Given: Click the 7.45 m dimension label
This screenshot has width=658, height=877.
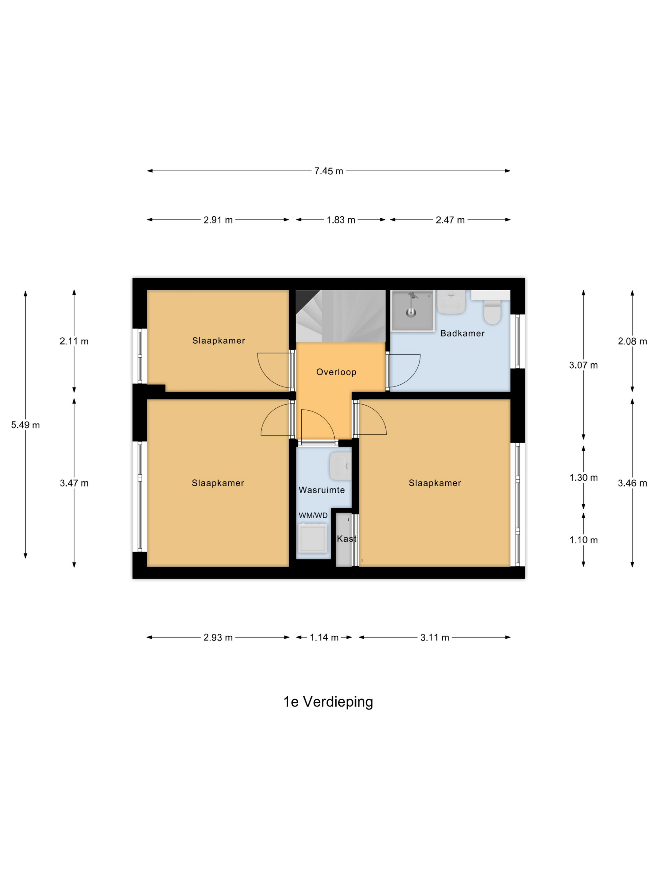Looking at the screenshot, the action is tap(328, 171).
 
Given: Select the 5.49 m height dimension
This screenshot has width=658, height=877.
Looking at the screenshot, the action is tap(25, 425).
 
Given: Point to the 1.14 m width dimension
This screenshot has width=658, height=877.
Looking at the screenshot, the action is tap(324, 637).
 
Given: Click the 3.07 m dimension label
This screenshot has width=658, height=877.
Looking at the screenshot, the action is tap(583, 365).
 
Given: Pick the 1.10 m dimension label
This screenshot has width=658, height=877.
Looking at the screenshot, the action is tap(583, 540).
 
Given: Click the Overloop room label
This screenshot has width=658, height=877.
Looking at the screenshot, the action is tap(336, 372).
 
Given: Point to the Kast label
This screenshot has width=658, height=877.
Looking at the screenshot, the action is tap(346, 538).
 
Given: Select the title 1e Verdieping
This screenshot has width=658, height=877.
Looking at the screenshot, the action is tap(328, 702).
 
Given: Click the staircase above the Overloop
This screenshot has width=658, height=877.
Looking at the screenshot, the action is tap(341, 316).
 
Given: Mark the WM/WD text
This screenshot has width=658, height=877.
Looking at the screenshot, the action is tap(313, 516).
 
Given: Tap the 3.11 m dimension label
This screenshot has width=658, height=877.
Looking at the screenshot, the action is tap(435, 637).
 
